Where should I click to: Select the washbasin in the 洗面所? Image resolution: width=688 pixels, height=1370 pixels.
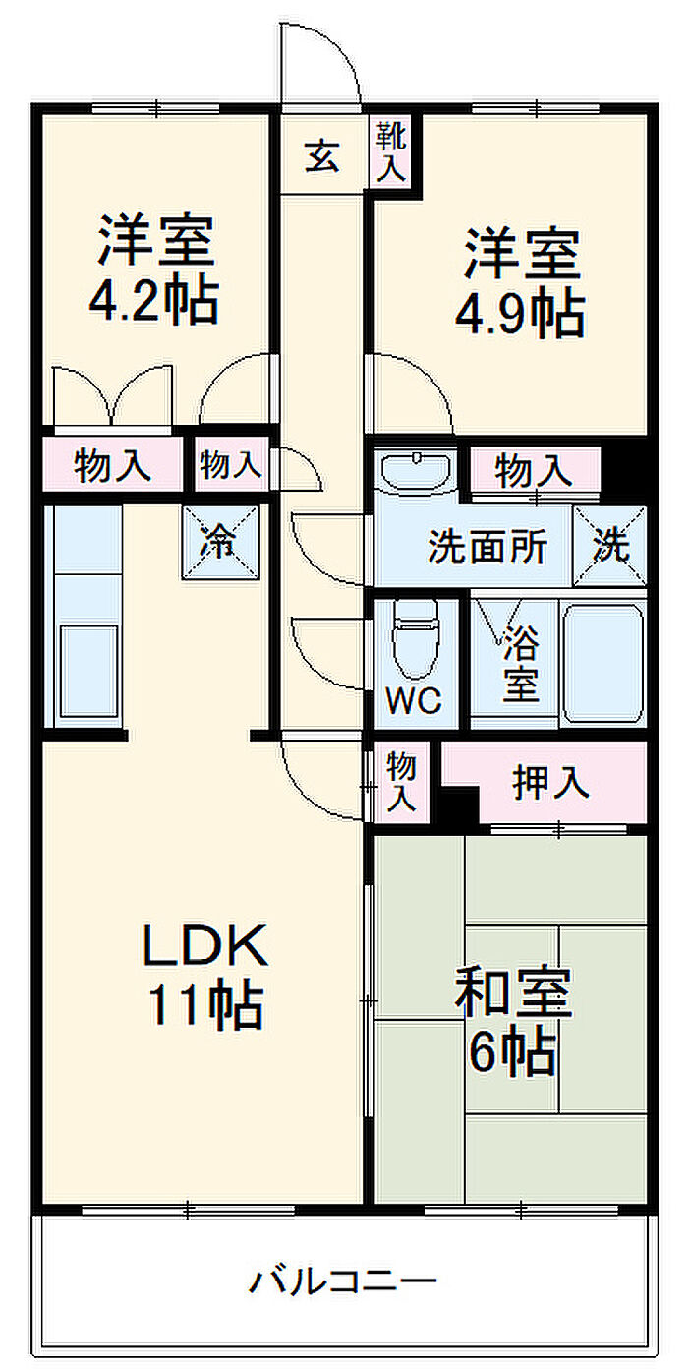tap(415, 470)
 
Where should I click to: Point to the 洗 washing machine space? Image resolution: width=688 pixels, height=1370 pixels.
tap(610, 546)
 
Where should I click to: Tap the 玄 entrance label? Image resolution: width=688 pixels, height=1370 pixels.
tap(321, 155)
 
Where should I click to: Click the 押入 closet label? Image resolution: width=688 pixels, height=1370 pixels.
tap(551, 782)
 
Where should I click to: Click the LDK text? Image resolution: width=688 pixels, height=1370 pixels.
tap(205, 947)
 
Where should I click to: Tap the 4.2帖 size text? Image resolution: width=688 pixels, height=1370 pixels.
tap(153, 303)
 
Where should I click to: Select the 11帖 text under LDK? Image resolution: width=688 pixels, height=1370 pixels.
tap(205, 1005)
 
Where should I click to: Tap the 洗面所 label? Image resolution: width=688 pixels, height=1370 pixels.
tap(487, 547)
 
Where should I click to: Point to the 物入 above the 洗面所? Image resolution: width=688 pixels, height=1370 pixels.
tap(534, 471)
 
